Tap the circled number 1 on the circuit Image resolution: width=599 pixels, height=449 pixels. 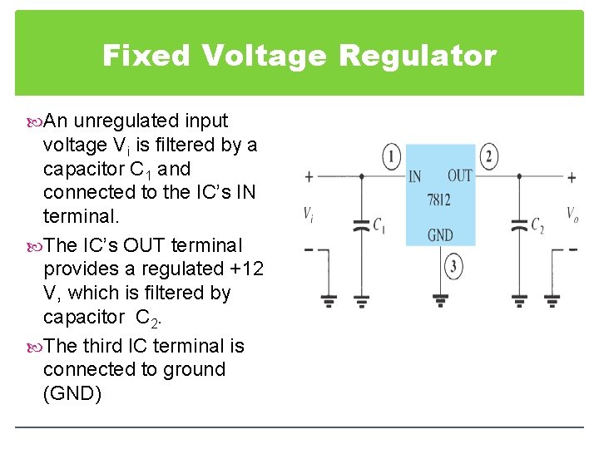point(391,155)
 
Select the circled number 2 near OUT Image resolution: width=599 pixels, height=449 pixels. point(489,155)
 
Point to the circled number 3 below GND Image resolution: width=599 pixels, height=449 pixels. point(453,267)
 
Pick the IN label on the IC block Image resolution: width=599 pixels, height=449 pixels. point(415,176)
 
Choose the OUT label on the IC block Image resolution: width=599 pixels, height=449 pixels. point(459,175)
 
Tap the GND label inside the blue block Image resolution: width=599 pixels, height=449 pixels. point(440,235)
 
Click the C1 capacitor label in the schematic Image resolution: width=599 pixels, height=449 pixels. point(379,224)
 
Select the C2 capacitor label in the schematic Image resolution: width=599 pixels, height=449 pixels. point(537,224)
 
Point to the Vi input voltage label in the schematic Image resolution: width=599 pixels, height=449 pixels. point(309,214)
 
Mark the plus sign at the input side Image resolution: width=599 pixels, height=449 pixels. point(309,177)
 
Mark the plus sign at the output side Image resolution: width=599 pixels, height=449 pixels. point(572,177)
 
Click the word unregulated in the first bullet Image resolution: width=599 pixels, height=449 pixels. point(129,121)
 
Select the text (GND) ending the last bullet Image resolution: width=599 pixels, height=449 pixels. point(72,393)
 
